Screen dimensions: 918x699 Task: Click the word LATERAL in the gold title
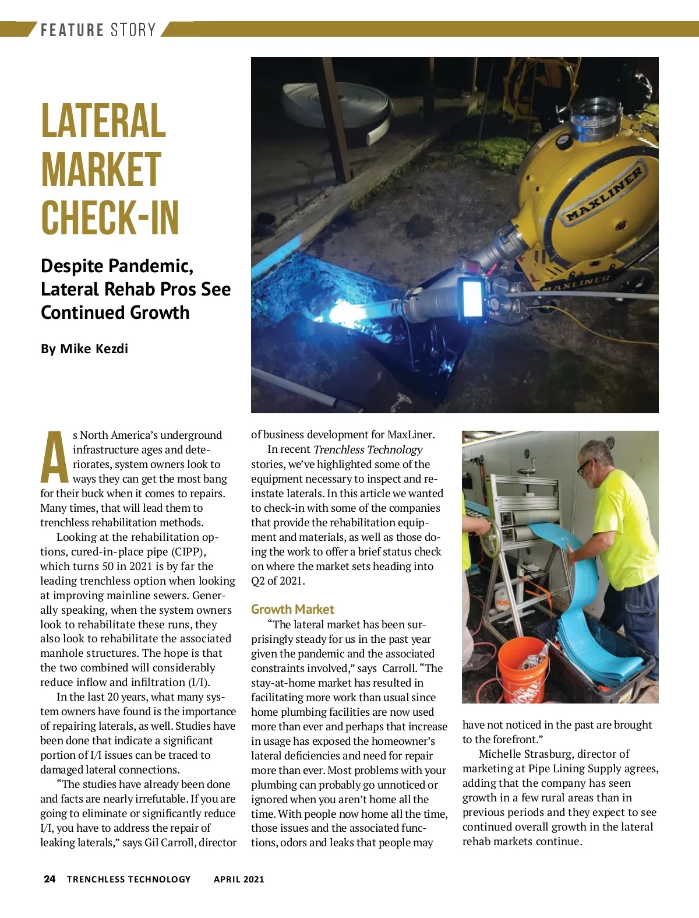point(104,121)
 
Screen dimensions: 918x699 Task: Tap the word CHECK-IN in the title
point(110,218)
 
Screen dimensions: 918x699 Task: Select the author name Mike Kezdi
point(94,349)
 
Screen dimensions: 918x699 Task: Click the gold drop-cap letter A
point(54,458)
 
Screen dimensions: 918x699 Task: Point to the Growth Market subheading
point(292,609)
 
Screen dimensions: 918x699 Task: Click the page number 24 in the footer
point(50,879)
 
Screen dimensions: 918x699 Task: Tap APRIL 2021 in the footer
point(239,879)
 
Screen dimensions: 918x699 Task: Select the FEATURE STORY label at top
point(98,30)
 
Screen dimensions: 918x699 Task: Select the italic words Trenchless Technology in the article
point(368,449)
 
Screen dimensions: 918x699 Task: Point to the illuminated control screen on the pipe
point(472,298)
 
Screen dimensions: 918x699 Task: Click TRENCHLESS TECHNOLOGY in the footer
point(129,879)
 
